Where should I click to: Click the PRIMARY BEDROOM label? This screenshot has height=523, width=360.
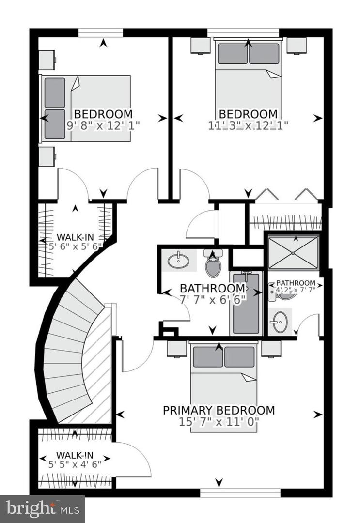(x=219, y=411)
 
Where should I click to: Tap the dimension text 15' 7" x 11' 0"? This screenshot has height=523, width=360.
(x=219, y=422)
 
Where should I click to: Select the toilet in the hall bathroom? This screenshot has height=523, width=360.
(x=213, y=264)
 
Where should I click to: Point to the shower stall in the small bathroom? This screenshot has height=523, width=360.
(x=293, y=252)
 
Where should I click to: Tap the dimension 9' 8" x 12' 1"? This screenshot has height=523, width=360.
(x=103, y=124)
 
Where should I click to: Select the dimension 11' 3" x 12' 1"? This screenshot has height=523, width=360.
(x=249, y=124)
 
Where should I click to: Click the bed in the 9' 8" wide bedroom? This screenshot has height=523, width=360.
(x=86, y=108)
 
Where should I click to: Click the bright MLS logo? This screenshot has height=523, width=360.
(x=42, y=508)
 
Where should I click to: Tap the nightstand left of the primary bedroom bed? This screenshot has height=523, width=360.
(x=177, y=349)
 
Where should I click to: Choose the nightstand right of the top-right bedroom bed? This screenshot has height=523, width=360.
(x=296, y=46)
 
